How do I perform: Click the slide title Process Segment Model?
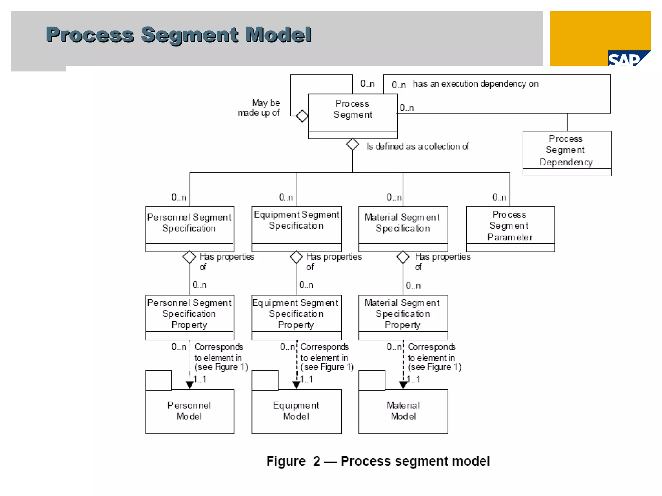click(x=178, y=35)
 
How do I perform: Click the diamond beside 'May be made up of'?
click(x=302, y=116)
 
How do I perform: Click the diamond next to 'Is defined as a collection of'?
click(x=352, y=144)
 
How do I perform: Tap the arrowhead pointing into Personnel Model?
click(x=190, y=385)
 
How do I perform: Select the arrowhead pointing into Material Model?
click(x=403, y=385)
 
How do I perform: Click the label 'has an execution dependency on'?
click(x=475, y=84)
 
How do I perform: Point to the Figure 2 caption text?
click(x=378, y=461)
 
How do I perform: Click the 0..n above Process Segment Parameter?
click(x=499, y=197)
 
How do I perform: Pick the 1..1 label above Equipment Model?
click(x=306, y=379)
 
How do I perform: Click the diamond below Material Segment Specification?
click(x=403, y=257)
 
